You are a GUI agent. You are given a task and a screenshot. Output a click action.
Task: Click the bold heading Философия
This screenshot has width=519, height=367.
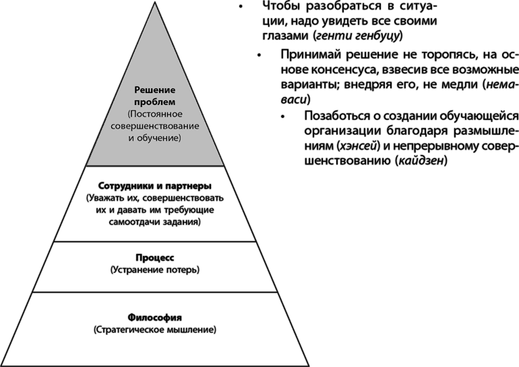155,318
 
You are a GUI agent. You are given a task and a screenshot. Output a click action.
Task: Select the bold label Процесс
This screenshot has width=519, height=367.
155,257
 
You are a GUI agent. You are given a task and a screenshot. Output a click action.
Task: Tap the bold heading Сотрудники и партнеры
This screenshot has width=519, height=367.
155,186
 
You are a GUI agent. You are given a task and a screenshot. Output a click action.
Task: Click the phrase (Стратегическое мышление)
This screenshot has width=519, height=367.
155,330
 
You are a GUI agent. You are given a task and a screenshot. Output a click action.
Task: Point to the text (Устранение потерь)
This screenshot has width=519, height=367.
155,270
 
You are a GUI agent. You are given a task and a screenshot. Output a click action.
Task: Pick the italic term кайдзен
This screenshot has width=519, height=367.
421,162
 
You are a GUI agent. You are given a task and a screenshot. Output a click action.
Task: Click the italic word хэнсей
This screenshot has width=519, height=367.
357,146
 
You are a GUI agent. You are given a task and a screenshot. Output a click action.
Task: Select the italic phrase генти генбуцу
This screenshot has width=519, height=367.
357,36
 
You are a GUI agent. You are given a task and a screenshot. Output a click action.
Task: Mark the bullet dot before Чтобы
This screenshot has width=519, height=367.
241,7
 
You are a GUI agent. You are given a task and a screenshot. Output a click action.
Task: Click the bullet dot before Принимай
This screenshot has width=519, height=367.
259,55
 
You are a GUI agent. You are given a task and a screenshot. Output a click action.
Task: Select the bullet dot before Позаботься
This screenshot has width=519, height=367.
283,116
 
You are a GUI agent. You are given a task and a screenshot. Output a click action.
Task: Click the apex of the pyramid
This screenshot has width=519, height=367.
154,1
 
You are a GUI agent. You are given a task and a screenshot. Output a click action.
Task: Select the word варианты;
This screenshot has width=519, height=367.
308,86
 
